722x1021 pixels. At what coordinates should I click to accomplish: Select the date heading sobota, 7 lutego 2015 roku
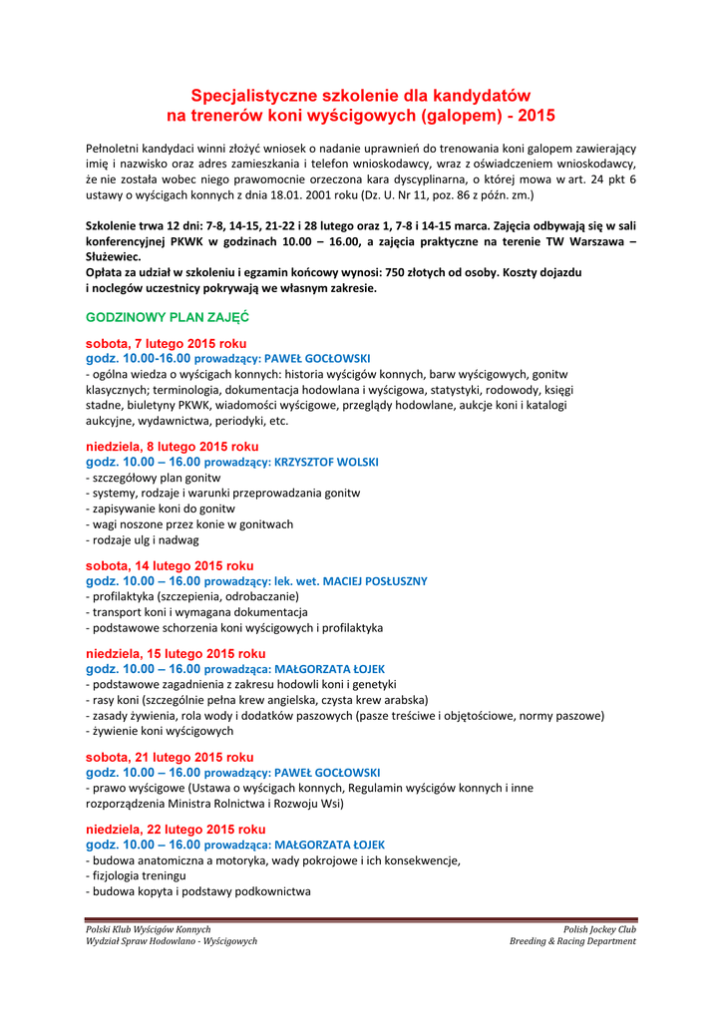[x=166, y=343]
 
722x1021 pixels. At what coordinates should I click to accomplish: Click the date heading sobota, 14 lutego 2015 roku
[x=170, y=566]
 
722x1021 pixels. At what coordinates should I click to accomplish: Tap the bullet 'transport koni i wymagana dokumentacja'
[x=196, y=612]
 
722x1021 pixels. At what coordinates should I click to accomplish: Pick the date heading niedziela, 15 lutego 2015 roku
[x=176, y=654]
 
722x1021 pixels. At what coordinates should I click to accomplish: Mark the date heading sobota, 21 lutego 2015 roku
[x=170, y=757]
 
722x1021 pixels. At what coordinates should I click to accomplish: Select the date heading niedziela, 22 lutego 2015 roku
[x=176, y=830]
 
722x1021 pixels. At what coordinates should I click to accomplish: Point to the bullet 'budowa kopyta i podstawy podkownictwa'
[x=198, y=891]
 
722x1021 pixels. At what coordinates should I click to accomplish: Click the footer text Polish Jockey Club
[x=599, y=929]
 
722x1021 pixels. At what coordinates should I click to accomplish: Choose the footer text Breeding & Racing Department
[x=572, y=941]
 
